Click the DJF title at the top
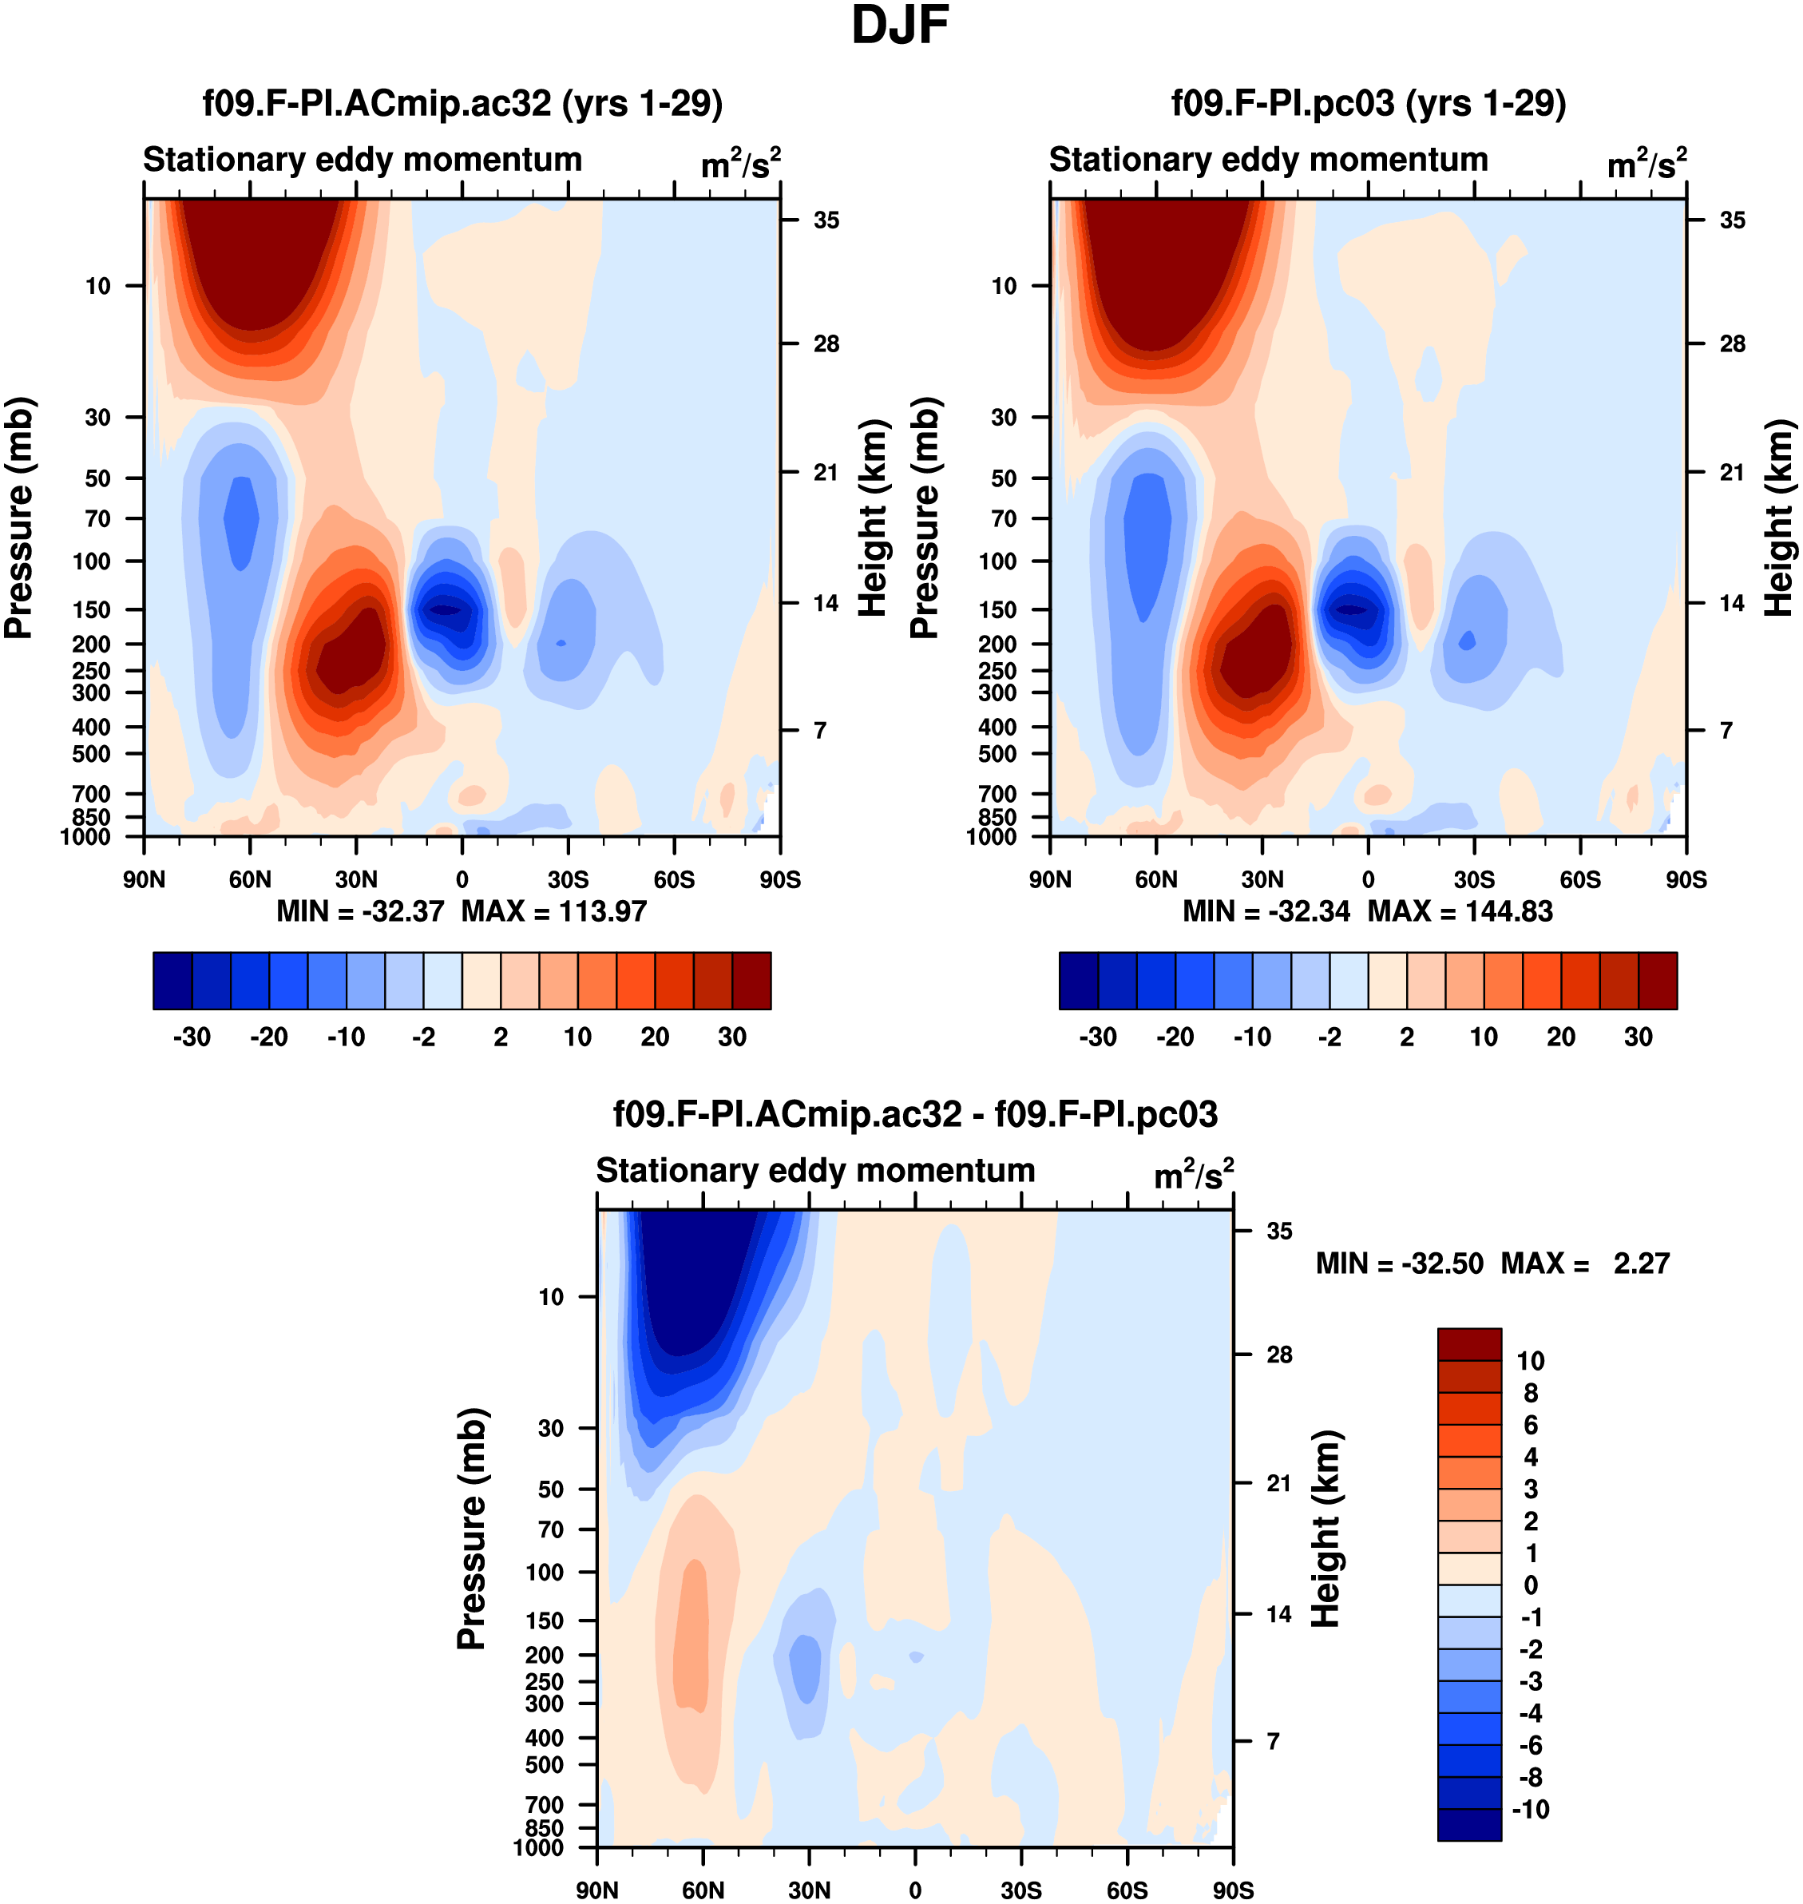[900, 26]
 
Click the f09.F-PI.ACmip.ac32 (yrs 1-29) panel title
[462, 104]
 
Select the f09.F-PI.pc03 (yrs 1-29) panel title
[1369, 104]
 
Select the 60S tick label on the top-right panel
[1580, 879]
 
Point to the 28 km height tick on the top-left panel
[826, 344]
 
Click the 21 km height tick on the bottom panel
[1278, 1484]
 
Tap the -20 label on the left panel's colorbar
[268, 1037]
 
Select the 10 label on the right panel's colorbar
[1484, 1037]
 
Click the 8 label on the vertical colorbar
[1531, 1393]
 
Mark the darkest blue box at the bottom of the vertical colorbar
[1469, 1824]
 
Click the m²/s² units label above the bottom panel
[1194, 1176]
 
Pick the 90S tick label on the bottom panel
[1233, 1890]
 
